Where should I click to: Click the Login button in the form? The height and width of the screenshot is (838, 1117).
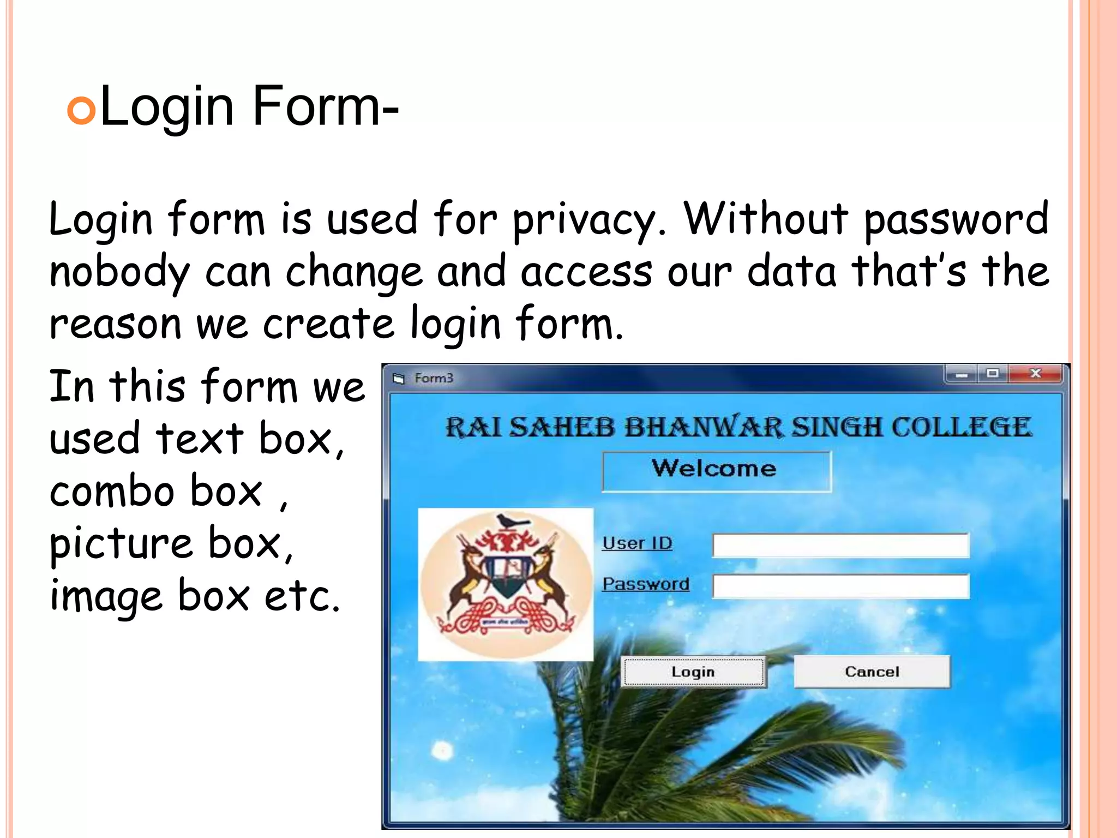tap(693, 672)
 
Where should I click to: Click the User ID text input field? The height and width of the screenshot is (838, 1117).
tap(840, 545)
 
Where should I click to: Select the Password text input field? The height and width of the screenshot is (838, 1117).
tap(840, 586)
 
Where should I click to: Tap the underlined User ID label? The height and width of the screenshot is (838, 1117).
tap(637, 543)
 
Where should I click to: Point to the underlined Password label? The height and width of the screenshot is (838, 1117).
tap(646, 584)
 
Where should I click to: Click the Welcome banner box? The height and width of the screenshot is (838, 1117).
tap(716, 470)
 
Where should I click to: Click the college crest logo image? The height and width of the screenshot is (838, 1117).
tap(506, 584)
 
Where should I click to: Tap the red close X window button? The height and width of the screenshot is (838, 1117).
tap(1035, 374)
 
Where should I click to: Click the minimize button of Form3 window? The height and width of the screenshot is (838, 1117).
tap(961, 374)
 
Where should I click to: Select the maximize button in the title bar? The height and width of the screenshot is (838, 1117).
tap(993, 374)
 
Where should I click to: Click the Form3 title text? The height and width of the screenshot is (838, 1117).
tap(434, 378)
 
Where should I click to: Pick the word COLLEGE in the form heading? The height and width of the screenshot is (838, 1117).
tap(962, 427)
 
